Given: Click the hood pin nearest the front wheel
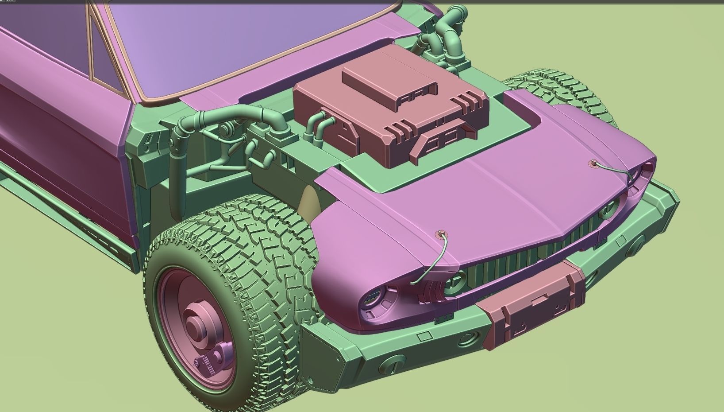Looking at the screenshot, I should pyautogui.click(x=440, y=234).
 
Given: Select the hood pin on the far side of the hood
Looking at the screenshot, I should pyautogui.click(x=593, y=163).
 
